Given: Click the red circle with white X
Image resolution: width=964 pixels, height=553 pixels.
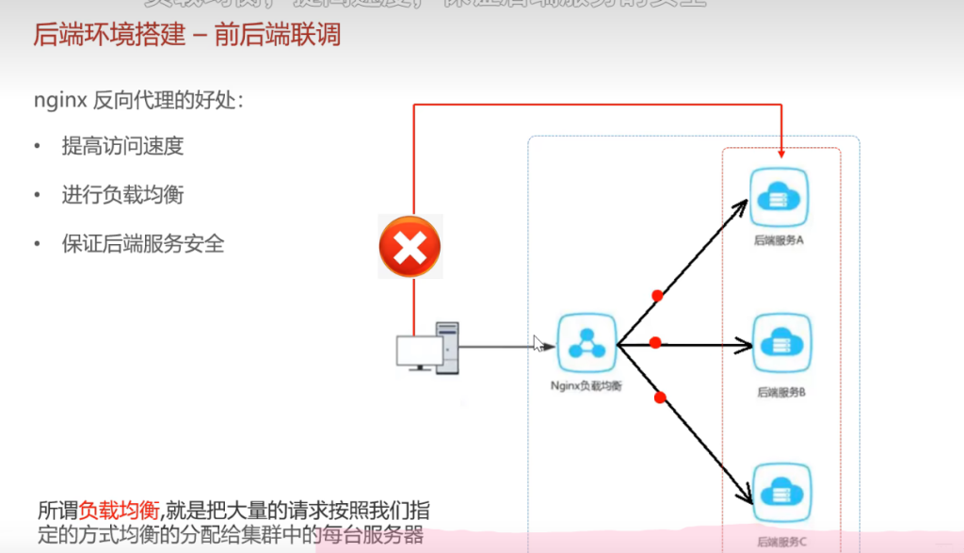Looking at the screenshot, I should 410,247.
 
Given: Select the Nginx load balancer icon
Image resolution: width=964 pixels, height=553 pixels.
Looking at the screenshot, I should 586,344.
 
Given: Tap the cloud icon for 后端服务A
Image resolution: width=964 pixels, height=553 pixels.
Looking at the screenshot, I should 779,196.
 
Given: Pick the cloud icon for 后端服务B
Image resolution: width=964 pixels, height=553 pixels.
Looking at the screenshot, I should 781,344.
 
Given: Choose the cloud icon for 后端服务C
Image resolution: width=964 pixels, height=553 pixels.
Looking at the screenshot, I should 781,491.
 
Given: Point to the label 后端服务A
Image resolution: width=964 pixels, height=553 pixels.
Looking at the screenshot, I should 779,240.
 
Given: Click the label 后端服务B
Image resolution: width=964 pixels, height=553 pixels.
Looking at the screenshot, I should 781,391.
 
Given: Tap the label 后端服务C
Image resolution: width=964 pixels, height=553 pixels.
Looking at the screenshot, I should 781,542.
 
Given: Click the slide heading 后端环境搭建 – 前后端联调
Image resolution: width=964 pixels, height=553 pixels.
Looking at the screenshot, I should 186,36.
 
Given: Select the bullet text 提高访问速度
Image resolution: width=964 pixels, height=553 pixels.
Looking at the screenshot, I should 122,146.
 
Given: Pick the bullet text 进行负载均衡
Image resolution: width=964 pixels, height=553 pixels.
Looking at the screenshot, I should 122,195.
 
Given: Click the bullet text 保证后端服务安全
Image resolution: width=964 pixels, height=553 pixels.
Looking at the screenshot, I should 143,244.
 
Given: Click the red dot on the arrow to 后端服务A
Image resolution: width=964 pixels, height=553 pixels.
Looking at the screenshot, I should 657,296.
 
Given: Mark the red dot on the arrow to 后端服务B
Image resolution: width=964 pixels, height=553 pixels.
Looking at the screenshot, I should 656,343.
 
